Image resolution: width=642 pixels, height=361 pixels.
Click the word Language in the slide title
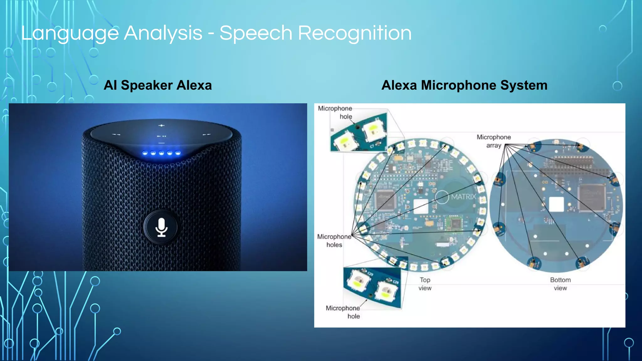point(70,33)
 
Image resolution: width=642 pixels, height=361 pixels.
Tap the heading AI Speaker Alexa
point(158,85)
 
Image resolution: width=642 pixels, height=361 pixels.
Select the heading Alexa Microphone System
point(464,85)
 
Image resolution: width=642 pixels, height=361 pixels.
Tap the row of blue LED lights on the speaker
point(161,153)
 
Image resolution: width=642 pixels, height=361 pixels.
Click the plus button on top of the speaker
point(161,125)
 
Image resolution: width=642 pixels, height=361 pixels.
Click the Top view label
point(425,284)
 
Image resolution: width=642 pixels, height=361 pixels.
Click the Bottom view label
point(560,284)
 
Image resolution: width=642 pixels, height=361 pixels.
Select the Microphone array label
point(494,141)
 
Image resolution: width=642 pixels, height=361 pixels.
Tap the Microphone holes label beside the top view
point(334,241)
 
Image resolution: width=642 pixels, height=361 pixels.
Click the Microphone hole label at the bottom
point(343,312)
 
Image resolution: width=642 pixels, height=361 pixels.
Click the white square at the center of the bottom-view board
point(556,205)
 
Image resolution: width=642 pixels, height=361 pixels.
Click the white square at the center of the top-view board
point(421,206)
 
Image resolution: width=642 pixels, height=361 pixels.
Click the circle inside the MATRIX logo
point(442,197)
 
